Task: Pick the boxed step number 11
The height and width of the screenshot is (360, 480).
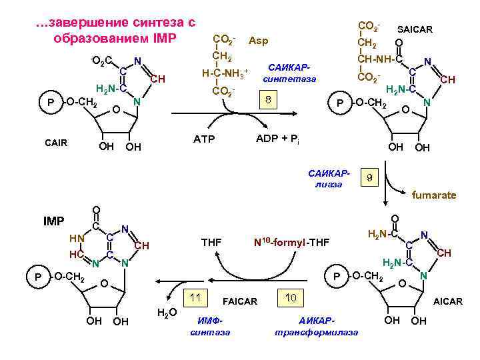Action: coord(196,298)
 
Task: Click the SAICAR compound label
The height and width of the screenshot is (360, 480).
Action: coord(415,29)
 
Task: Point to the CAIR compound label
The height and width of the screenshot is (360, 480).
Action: coord(57,143)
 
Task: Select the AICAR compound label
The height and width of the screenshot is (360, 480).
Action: coord(448,301)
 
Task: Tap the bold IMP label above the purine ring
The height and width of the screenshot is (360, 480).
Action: coord(54,220)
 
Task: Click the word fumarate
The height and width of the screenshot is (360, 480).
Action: coord(434,195)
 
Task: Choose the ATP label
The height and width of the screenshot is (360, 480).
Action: coord(204,140)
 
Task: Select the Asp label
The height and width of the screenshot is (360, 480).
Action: coord(258,41)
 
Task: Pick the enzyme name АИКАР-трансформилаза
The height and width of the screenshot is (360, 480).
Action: coord(316,326)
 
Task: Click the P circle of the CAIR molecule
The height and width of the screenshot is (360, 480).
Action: coord(49,101)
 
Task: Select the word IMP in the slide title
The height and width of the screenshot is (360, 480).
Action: coord(163,37)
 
